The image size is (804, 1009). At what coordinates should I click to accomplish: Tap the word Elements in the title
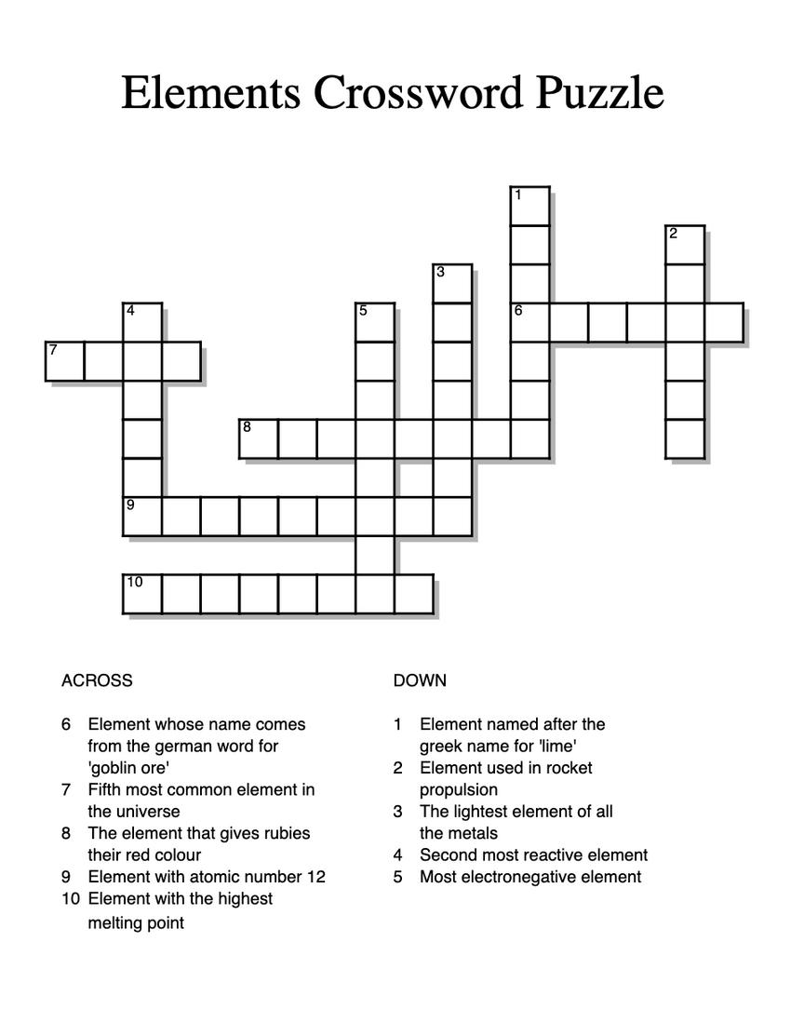click(210, 93)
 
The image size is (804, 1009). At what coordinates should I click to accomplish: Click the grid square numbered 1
click(530, 206)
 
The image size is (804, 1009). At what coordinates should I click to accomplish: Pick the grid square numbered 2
click(685, 245)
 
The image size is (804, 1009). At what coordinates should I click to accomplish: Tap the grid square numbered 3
click(453, 284)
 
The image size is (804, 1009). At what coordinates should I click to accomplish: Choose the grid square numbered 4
click(143, 322)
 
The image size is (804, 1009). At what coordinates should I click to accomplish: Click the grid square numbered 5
click(376, 322)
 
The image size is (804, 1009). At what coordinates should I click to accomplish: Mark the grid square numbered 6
click(530, 322)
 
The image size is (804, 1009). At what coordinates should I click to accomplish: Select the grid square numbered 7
click(65, 361)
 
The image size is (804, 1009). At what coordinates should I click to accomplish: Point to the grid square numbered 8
click(260, 439)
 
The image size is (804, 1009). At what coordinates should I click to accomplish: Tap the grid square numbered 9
click(143, 517)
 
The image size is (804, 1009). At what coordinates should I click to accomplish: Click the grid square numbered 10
click(143, 594)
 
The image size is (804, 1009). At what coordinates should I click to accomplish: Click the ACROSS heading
click(97, 680)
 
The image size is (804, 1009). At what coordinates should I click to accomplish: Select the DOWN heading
click(420, 680)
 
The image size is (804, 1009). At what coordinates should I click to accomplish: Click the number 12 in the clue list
click(316, 877)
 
